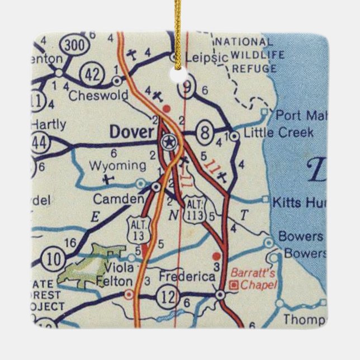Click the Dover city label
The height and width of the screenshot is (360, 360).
tap(131, 132)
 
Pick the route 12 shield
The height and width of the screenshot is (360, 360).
tap(168, 292)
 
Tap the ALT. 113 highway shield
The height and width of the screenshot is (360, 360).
tap(196, 208)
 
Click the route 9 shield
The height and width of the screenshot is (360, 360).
tap(186, 87)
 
